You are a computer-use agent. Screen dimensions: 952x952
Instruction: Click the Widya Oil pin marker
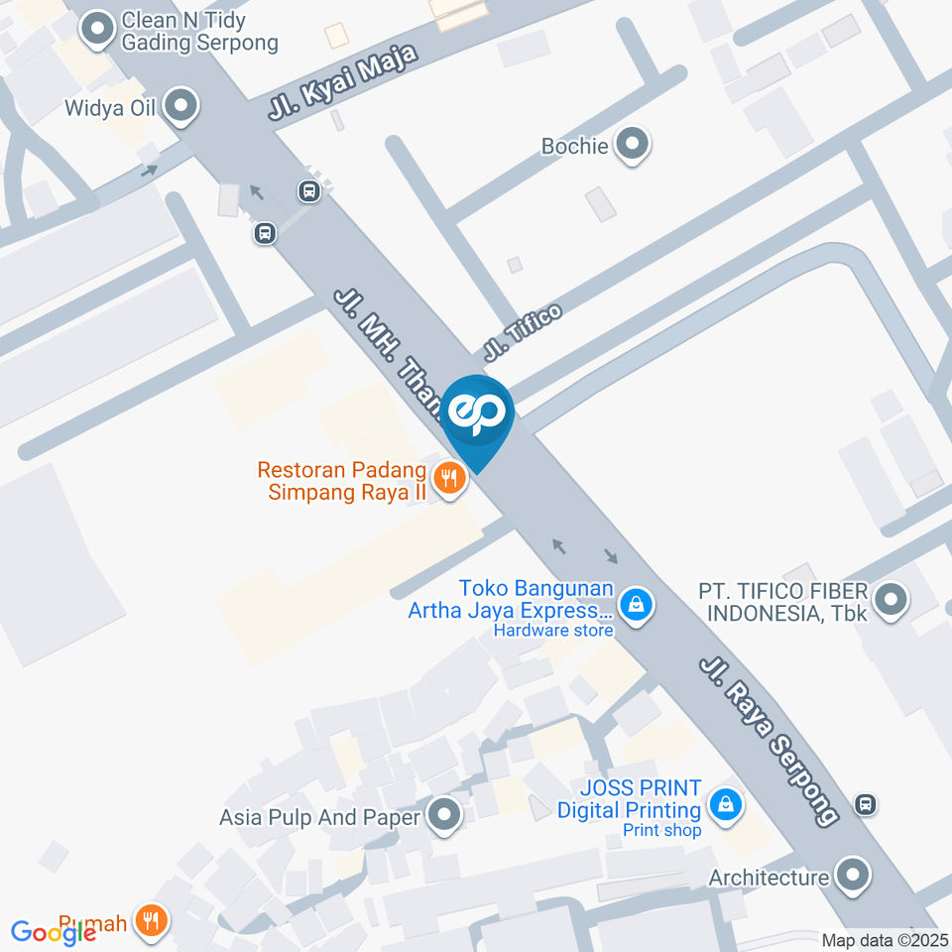[x=180, y=105]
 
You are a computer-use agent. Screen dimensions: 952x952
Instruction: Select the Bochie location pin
[x=632, y=145]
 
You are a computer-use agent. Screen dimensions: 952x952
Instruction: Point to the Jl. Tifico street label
[x=523, y=331]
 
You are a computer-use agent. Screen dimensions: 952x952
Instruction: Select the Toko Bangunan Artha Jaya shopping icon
[x=635, y=601]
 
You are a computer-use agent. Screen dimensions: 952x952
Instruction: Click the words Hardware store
[x=553, y=630]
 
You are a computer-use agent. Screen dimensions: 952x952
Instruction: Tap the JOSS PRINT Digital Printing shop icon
[x=728, y=803]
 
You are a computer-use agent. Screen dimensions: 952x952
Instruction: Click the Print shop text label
[x=661, y=830]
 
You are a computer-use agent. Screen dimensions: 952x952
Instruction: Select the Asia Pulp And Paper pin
[x=445, y=817]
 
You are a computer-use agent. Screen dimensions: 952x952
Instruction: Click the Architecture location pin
[x=852, y=876]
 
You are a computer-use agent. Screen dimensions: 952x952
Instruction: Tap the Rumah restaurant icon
[x=152, y=921]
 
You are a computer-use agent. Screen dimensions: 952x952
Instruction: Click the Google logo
[x=53, y=932]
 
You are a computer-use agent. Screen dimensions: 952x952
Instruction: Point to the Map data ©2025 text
[x=884, y=940]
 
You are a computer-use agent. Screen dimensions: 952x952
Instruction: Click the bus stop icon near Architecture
[x=866, y=803]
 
